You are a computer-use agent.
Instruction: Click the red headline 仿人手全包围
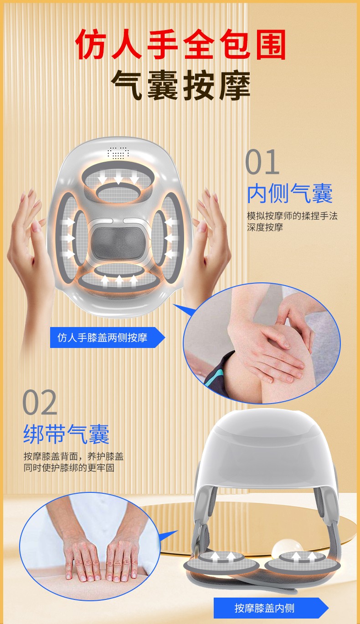[x=180, y=44]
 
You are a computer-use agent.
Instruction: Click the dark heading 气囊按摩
[x=180, y=85]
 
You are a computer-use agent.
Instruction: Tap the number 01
[x=262, y=162]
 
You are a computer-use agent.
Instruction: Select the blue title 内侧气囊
[x=290, y=193]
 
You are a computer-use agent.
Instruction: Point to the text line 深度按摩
[x=265, y=227]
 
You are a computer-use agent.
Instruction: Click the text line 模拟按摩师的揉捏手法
[x=292, y=215]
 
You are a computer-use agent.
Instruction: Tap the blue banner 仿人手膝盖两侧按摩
[x=108, y=338]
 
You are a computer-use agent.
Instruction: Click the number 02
[x=40, y=403]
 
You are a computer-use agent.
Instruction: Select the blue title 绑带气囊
[x=66, y=434]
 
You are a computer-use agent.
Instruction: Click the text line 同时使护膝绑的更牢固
[x=69, y=468]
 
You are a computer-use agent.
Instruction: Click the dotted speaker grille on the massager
[x=118, y=153]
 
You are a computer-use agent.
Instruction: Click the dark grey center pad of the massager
[x=119, y=243]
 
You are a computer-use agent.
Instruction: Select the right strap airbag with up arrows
[x=302, y=560]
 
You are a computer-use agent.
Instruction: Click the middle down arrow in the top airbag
[x=118, y=178]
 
